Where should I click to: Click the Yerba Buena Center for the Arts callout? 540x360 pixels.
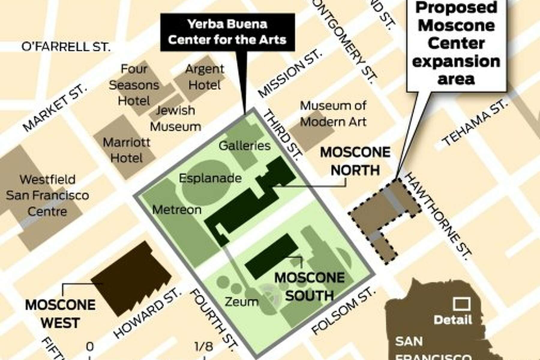pos(227,32)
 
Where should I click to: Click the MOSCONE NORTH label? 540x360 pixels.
pos(355,161)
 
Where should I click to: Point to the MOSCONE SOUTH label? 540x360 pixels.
pos(310,286)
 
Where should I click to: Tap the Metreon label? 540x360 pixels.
pos(177,210)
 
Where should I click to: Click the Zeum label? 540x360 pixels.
pos(241,301)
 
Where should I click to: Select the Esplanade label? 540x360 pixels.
pos(210,178)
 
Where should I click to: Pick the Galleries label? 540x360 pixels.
pos(244,146)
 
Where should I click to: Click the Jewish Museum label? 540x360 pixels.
pos(175,118)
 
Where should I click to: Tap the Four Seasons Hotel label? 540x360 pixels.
pos(134,85)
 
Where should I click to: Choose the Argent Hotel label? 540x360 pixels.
pos(205,77)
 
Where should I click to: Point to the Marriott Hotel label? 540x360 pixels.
pos(126,150)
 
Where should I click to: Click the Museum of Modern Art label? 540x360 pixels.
pos(333,114)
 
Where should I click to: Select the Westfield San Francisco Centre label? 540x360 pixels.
pos(47,196)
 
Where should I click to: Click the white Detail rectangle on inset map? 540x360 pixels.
pos(461,304)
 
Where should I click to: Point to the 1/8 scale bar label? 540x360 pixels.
pos(204,347)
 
